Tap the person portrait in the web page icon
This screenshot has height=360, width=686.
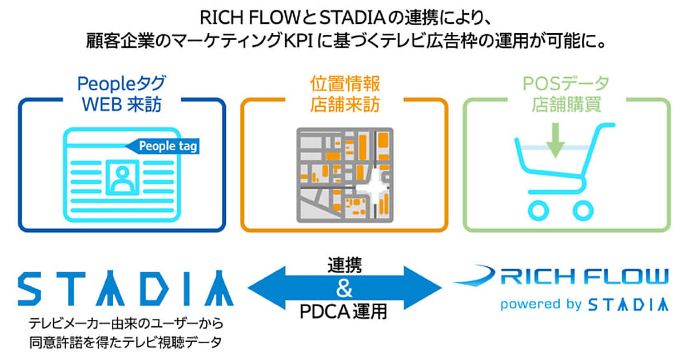(121, 177)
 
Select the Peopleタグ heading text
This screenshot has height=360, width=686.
(121, 84)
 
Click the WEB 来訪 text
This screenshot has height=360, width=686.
(121, 105)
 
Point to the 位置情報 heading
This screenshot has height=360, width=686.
(345, 84)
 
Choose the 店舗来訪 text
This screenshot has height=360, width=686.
(345, 105)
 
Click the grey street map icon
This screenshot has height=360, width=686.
(345, 174)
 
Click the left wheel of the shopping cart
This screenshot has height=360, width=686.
(539, 210)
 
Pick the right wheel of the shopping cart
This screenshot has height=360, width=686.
(583, 210)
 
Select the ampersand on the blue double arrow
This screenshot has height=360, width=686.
(344, 289)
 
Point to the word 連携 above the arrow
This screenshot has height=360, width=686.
(344, 265)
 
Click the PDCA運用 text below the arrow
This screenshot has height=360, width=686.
(344, 312)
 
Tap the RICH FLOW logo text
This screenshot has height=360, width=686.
(583, 277)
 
